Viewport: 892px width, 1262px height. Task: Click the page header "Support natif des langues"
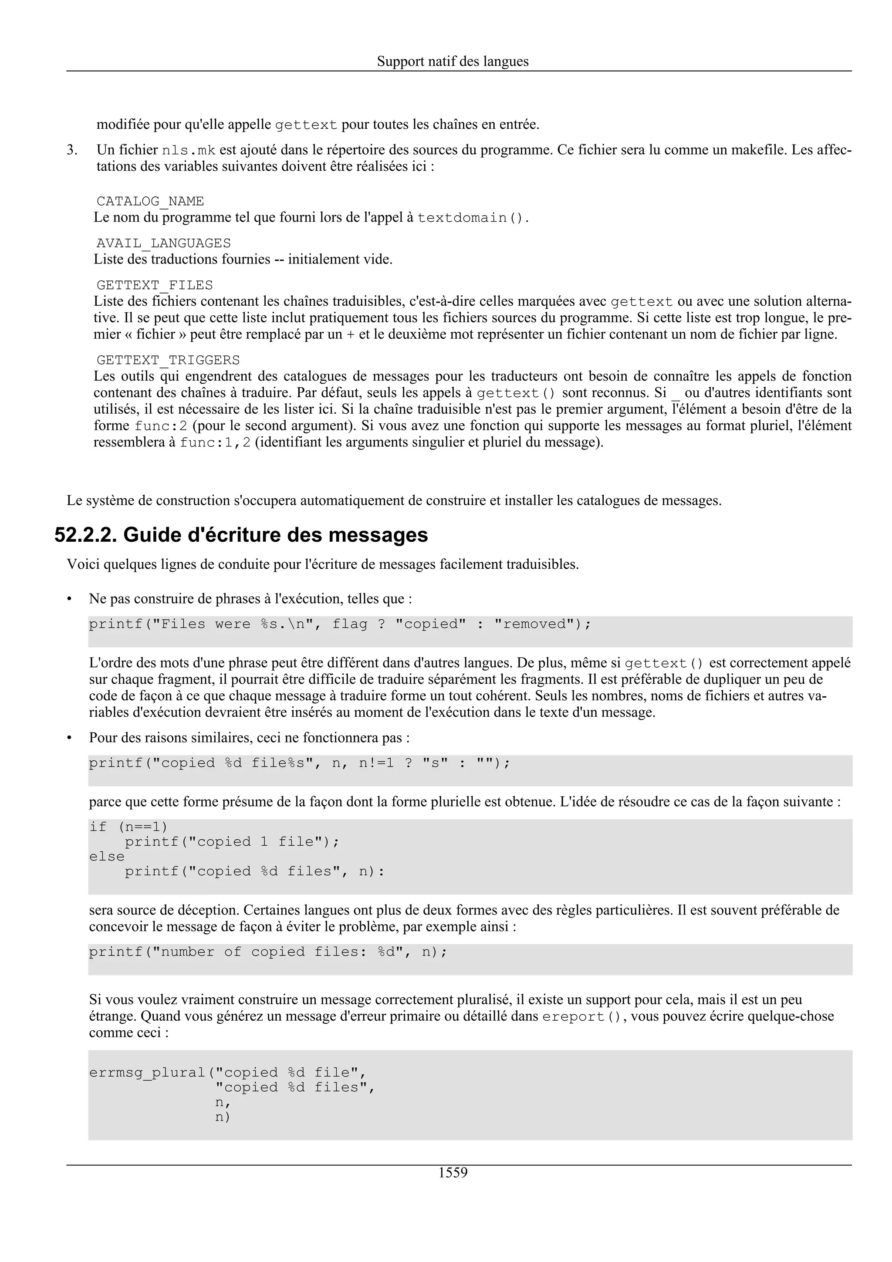tap(453, 61)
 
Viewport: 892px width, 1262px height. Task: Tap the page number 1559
tap(453, 1173)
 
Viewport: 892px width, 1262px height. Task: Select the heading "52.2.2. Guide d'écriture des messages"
tap(241, 535)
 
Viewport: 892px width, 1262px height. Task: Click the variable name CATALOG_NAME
tap(150, 201)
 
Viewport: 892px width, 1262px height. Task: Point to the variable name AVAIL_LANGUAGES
tap(163, 243)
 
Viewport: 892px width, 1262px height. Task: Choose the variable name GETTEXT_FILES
tap(155, 285)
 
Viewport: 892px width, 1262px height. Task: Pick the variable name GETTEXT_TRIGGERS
tap(168, 360)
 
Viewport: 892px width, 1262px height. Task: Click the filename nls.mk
tap(189, 151)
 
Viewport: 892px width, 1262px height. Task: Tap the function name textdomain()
tap(470, 218)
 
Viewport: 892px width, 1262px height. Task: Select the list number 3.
tap(71, 150)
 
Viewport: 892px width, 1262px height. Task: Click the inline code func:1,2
tap(215, 442)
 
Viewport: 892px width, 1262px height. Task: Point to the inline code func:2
tap(161, 426)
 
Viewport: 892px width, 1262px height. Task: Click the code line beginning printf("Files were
tap(340, 624)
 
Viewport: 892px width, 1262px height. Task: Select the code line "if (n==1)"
tap(128, 827)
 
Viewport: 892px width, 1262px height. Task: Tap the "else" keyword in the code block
tap(107, 856)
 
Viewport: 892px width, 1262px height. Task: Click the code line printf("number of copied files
tap(268, 952)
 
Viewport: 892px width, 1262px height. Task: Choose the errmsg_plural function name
tap(147, 1073)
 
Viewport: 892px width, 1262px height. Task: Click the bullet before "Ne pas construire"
tap(70, 599)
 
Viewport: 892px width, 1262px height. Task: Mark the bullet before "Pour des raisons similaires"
tap(70, 738)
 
